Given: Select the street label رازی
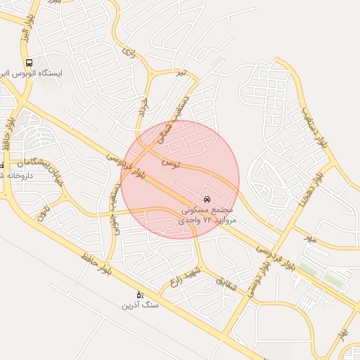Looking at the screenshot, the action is [x=127, y=51].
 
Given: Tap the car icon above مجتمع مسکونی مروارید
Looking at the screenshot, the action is [x=207, y=199].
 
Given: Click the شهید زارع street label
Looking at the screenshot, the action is [x=184, y=276].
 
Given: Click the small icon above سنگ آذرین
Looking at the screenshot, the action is [x=140, y=295].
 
